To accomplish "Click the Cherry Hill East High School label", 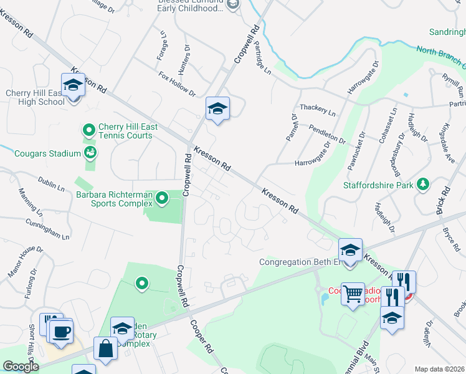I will click(35, 97).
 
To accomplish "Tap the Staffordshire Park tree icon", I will click(424, 184).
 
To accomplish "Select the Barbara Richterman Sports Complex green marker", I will click(162, 199).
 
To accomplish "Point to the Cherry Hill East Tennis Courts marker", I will click(88, 130).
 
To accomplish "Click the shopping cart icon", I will click(353, 294).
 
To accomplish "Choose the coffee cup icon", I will click(60, 332).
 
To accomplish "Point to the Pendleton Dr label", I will click(327, 133).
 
